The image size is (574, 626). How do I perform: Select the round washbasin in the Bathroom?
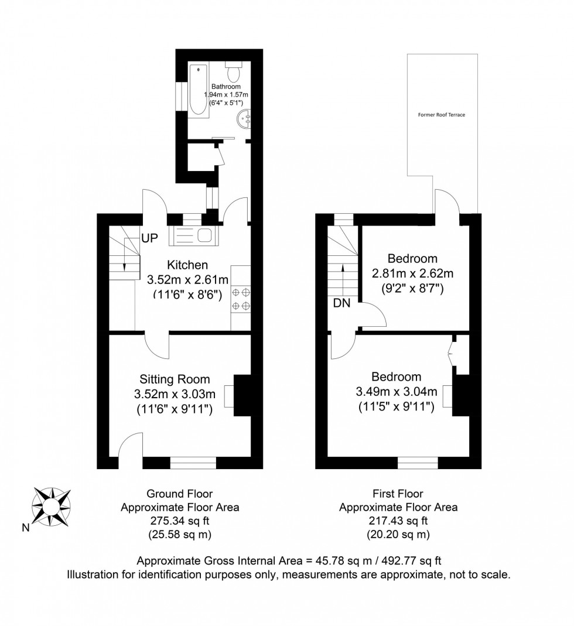point(244,121)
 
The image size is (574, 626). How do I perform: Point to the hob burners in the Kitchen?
point(241,298)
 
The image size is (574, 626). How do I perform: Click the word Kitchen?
point(187,265)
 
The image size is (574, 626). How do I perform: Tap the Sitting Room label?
point(175,379)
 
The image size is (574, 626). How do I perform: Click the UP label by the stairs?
point(149,239)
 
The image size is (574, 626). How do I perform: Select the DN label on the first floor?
point(341,303)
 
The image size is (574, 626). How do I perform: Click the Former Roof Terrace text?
point(441,115)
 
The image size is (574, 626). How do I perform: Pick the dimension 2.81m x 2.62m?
point(413,273)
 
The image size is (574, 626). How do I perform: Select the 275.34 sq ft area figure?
point(179,521)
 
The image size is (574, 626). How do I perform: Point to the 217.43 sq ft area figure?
point(398,521)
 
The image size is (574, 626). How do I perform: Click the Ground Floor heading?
point(179,494)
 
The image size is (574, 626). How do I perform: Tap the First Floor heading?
point(398,494)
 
